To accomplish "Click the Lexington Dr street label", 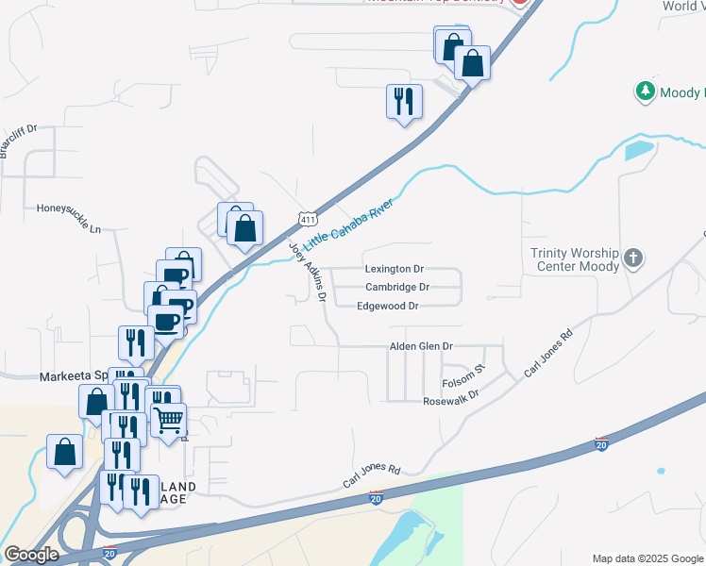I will pyautogui.click(x=395, y=269).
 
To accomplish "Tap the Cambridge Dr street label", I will pyautogui.click(x=397, y=287).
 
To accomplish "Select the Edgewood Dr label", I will pyautogui.click(x=387, y=306).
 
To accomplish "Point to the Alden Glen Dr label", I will pyautogui.click(x=422, y=347).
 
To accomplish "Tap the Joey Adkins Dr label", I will pyautogui.click(x=308, y=272).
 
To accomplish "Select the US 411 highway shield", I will pyautogui.click(x=307, y=219).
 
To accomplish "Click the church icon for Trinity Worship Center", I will pyautogui.click(x=634, y=257).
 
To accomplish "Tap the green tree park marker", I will pyautogui.click(x=645, y=92).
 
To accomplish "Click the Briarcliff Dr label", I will pyautogui.click(x=18, y=142).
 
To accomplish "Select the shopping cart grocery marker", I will pyautogui.click(x=169, y=419).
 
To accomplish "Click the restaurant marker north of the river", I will pyautogui.click(x=404, y=100).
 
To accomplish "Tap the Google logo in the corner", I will pyautogui.click(x=31, y=555).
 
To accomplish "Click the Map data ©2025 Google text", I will pyautogui.click(x=647, y=558).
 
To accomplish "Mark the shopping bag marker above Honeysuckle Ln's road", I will pyautogui.click(x=244, y=227).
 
